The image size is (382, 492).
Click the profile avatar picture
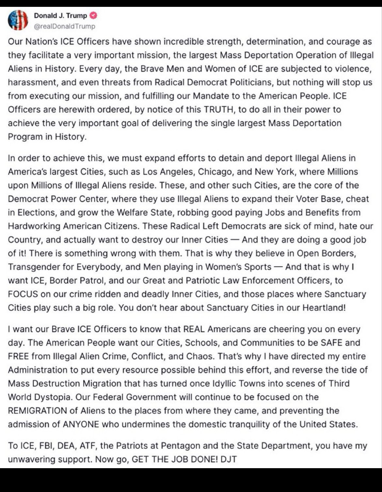coord(18,20)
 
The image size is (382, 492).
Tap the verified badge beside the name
coord(94,15)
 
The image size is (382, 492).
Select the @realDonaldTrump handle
coord(65,26)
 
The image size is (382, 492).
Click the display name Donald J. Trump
coord(60,15)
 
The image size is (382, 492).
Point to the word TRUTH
coord(219,109)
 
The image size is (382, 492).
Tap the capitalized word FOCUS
coord(23,294)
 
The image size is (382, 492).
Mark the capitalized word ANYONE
coord(81,424)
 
